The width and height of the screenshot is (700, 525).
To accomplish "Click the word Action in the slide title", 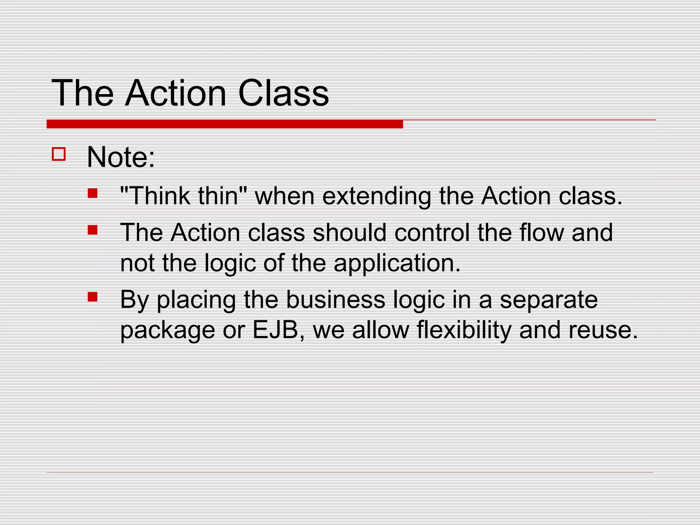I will pos(176,93).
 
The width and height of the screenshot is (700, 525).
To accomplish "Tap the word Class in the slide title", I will pos(283,93).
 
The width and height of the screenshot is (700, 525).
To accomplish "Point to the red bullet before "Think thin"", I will pos(92,193).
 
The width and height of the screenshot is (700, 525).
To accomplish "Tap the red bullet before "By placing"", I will pos(92,296).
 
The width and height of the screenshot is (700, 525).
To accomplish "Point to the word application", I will pos(397,264).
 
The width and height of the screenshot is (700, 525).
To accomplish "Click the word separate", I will pos(549,299).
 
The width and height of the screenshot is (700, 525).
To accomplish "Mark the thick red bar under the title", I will pos(225,124).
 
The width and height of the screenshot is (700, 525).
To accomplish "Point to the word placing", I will pos(196,300).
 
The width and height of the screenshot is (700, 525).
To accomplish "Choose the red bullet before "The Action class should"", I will pos(92,229).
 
